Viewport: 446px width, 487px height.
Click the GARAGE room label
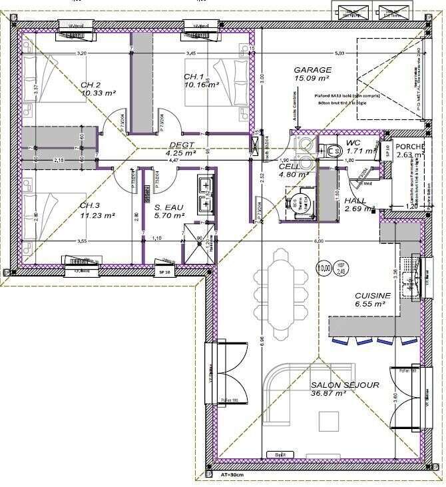coord(313,70)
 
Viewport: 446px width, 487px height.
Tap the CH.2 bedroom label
coord(90,85)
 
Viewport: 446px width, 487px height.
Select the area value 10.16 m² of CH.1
coord(202,85)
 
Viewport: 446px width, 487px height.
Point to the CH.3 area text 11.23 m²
coord(98,215)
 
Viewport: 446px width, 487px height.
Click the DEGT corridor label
coord(181,145)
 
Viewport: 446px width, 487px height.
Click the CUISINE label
coord(372,295)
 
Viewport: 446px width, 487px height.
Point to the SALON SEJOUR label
coord(345,385)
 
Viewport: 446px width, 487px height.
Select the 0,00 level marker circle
coord(325,269)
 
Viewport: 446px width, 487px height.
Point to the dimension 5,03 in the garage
coord(339,53)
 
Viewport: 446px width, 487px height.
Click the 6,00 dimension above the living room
coord(320,241)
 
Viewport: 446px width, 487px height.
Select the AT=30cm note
coord(233,475)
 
